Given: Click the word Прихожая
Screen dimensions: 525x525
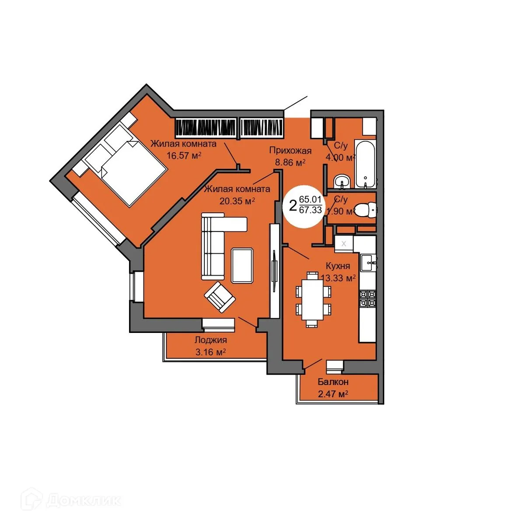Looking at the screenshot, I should [290, 151].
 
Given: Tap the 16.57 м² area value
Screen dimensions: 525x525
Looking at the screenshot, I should [184, 155].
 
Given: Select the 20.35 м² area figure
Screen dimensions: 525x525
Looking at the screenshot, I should [237, 201].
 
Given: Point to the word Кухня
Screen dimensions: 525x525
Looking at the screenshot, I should [338, 266].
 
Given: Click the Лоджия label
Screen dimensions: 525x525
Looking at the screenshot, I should [210, 340].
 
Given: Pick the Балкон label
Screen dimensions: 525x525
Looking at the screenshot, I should [333, 382].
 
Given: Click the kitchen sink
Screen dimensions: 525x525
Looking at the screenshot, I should [368, 262].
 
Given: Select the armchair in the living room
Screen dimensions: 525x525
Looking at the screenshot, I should [220, 297].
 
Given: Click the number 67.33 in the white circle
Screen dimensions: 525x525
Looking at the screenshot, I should [310, 210].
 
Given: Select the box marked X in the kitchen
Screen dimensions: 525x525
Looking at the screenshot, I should [343, 244].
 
